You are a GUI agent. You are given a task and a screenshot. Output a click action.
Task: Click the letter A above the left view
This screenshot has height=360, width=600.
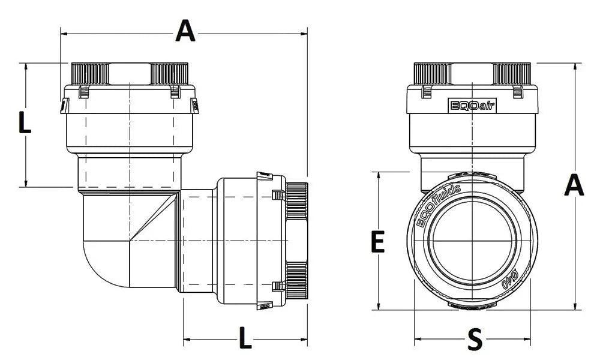click(x=185, y=31)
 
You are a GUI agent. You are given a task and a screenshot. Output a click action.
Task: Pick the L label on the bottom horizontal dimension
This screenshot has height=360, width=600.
click(x=245, y=338)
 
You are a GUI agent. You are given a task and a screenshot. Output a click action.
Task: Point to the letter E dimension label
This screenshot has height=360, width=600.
click(x=377, y=243)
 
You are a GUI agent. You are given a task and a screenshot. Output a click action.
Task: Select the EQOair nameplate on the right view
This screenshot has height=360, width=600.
click(x=469, y=106)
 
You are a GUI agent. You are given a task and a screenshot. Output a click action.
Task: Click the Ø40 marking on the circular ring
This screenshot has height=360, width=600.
click(x=509, y=281)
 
